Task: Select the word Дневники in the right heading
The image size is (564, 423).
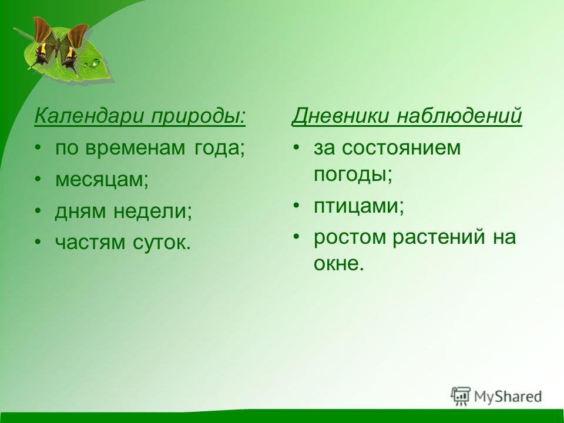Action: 340,116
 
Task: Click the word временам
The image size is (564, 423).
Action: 136,148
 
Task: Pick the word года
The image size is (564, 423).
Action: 219,149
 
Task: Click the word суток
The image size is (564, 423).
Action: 162,243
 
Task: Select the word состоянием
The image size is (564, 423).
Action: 401,148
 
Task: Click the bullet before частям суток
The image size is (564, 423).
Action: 38,243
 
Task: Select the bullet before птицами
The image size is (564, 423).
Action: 296,206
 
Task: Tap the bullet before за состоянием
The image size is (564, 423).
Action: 296,147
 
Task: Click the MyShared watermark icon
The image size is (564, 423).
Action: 461,396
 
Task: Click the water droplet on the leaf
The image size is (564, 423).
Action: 95,63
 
